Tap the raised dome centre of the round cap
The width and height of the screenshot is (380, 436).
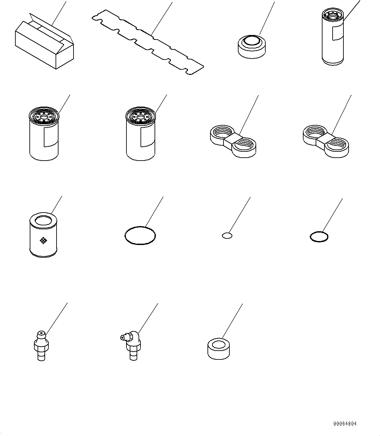[x=252, y=41]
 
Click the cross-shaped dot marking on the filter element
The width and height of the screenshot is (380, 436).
[x=43, y=240]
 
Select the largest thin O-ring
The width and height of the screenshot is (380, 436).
[x=140, y=235]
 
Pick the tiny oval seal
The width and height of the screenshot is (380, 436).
[x=227, y=235]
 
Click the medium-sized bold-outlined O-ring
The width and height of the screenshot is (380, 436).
[x=319, y=236]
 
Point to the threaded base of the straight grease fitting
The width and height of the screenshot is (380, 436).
[x=41, y=355]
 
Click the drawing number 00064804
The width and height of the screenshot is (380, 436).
[x=345, y=424]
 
